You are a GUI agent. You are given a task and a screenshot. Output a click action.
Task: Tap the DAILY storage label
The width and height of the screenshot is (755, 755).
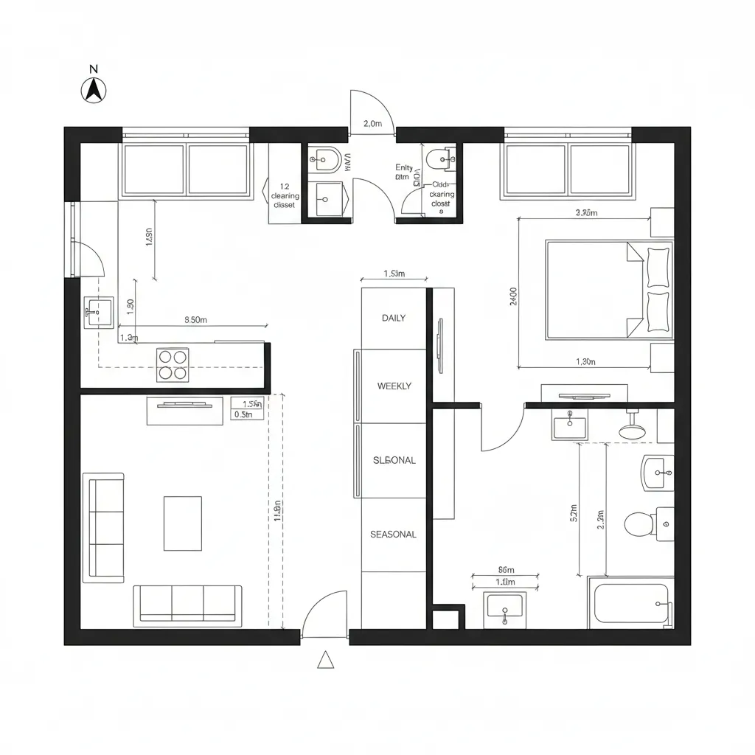(393, 319)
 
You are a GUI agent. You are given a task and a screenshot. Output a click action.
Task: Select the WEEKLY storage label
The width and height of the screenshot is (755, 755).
(394, 386)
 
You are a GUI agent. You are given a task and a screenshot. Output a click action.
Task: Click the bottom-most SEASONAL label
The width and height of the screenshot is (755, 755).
(393, 535)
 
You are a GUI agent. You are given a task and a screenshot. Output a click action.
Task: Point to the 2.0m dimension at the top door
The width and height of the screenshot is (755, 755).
(372, 124)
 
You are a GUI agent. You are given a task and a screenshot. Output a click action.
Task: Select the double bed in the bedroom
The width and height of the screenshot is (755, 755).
(608, 290)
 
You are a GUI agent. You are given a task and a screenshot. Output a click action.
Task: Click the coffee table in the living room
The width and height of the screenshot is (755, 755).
(182, 523)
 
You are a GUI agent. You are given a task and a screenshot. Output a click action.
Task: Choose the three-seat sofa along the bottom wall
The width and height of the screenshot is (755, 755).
(187, 605)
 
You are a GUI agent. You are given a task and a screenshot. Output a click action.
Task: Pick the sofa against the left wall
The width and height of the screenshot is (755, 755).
(103, 527)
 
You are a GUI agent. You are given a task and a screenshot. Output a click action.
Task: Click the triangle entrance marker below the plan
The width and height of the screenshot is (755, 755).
(325, 660)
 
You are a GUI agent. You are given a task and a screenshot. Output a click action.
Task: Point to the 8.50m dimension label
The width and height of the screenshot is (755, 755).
(195, 320)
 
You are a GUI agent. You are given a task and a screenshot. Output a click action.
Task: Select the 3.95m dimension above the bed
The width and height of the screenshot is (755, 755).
(585, 213)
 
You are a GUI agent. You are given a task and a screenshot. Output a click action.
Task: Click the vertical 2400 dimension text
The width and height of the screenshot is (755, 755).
(513, 296)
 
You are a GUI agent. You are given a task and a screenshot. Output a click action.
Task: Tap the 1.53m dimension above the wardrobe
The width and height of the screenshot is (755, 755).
(394, 274)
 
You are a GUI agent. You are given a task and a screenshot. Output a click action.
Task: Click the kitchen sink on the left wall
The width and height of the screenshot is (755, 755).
(98, 312)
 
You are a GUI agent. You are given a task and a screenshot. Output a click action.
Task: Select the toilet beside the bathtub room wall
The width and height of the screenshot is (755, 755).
(641, 524)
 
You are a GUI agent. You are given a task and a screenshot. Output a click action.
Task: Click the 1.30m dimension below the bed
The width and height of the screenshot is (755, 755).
(585, 361)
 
